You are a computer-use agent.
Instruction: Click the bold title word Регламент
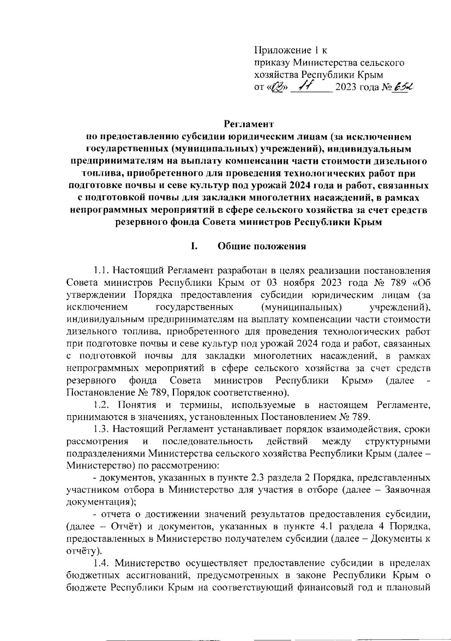coord(248,123)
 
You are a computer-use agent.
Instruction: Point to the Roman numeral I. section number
coord(194,246)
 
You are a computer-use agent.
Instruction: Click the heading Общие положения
coord(262,246)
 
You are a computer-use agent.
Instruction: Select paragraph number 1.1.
coord(101,270)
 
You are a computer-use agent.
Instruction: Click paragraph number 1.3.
coord(101,429)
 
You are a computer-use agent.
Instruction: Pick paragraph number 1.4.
coord(101,563)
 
